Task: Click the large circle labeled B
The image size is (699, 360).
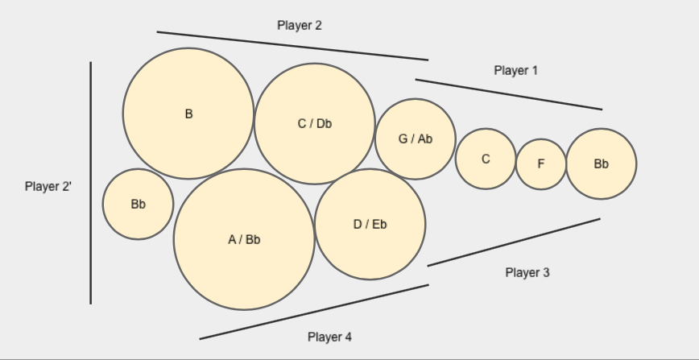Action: pyautogui.click(x=188, y=114)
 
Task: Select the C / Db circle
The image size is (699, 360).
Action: pyautogui.click(x=315, y=123)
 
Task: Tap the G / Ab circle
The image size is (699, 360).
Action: pyautogui.click(x=416, y=139)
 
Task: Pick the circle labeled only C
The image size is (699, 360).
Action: pyautogui.click(x=486, y=159)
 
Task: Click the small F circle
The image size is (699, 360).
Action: pyautogui.click(x=541, y=163)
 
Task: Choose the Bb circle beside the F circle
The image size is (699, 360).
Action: pyautogui.click(x=602, y=163)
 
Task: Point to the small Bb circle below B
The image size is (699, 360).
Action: pyautogui.click(x=138, y=204)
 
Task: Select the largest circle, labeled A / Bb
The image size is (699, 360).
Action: pyautogui.click(x=244, y=239)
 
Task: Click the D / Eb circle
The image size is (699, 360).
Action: pyautogui.click(x=370, y=224)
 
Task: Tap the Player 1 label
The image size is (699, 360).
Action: pyautogui.click(x=515, y=70)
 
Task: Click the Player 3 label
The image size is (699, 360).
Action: pyautogui.click(x=527, y=272)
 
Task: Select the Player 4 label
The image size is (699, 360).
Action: pyautogui.click(x=329, y=337)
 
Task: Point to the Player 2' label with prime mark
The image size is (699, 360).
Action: pyautogui.click(x=48, y=186)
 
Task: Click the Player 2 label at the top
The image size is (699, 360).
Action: pyautogui.click(x=300, y=25)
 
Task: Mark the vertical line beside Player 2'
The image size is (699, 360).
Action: pyautogui.click(x=90, y=183)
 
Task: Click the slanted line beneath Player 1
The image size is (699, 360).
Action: pyautogui.click(x=508, y=94)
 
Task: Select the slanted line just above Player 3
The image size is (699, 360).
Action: pyautogui.click(x=514, y=242)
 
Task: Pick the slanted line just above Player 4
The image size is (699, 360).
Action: pyautogui.click(x=314, y=312)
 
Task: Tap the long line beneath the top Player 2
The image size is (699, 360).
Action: pyautogui.click(x=292, y=46)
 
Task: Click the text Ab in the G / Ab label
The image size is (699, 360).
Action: pyautogui.click(x=424, y=139)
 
